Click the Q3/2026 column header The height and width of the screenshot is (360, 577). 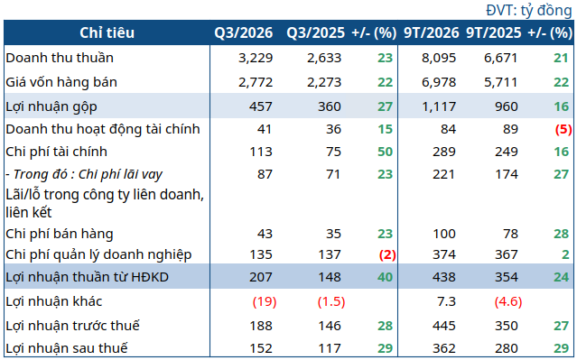coord(244,33)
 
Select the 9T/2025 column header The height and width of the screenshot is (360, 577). coord(493,33)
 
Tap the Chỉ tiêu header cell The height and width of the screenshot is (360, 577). coord(107,33)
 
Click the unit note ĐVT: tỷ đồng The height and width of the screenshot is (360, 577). coord(529,11)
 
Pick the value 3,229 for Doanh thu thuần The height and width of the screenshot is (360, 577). coord(256,58)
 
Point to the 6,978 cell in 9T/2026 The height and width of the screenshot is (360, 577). coord(439,82)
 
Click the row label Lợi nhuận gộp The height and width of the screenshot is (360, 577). coord(51,106)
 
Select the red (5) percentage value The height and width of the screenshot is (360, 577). coord(563,129)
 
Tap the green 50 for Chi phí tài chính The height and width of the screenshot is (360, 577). coord(385,152)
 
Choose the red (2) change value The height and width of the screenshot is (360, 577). coord(387,254)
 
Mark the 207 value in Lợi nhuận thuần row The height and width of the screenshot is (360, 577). coord(261,277)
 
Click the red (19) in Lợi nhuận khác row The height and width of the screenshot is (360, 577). coord(265,301)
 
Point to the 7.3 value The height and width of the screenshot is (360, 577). coord(446,301)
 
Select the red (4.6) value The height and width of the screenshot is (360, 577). coord(508,301)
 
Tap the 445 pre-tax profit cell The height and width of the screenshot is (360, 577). coord(444,326)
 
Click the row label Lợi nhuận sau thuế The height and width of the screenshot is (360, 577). coord(67,348)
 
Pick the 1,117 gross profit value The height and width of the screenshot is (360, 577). coord(439,106)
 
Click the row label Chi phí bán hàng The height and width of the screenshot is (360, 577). coord(60,234)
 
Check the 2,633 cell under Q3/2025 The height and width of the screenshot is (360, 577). coord(324,58)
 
